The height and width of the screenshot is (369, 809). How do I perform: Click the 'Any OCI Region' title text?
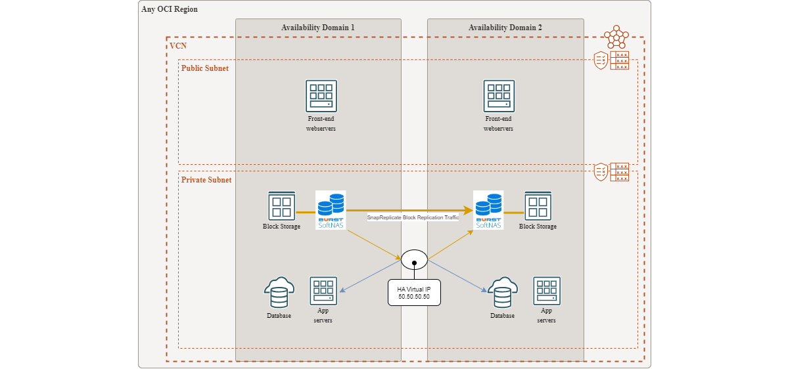(x=170, y=9)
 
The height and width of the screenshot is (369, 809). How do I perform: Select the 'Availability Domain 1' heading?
(x=317, y=28)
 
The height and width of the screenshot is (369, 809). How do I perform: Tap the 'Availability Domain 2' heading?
(x=505, y=28)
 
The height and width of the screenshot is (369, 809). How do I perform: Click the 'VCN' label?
(x=177, y=46)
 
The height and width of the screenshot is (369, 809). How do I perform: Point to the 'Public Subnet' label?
(x=204, y=68)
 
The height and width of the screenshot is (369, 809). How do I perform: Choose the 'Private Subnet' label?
(x=206, y=180)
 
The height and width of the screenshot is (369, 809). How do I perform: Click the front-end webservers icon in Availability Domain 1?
(x=321, y=96)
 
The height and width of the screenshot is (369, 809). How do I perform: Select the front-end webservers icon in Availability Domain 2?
(x=499, y=96)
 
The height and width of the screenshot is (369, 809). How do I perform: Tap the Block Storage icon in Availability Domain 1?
(x=281, y=206)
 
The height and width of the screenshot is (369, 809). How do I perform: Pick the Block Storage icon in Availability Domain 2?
(x=538, y=206)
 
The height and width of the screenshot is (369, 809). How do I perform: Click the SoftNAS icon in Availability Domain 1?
(x=331, y=210)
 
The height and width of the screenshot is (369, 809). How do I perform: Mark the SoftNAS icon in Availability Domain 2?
(x=488, y=210)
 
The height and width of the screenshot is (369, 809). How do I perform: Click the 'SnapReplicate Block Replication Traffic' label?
(x=413, y=217)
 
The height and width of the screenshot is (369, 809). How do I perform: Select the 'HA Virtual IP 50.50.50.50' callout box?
(x=414, y=293)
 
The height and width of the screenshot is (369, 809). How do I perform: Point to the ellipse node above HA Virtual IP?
(x=414, y=259)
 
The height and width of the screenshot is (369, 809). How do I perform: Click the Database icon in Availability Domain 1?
(x=279, y=292)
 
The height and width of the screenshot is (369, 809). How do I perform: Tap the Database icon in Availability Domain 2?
(x=502, y=292)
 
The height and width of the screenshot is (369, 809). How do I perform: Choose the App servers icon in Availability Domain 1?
(x=323, y=291)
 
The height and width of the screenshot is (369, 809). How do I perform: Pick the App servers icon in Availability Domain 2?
(x=547, y=291)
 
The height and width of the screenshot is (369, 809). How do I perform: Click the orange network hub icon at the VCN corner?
(x=616, y=37)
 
